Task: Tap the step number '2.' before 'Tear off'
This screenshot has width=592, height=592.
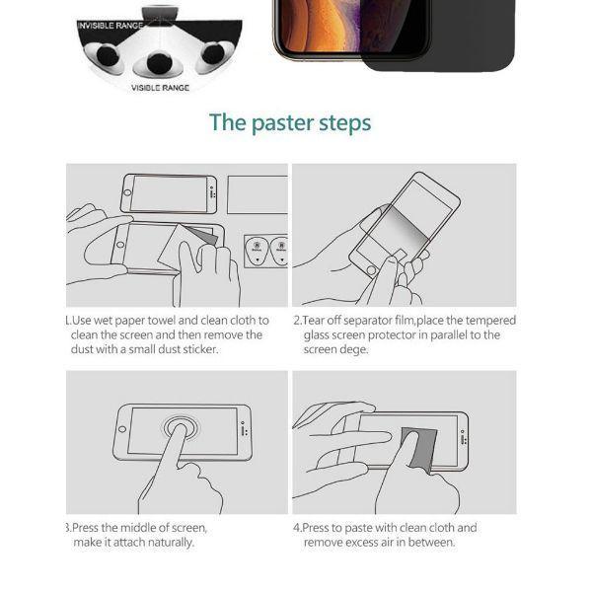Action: [x=298, y=321]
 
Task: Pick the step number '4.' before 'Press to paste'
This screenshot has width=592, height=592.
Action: [x=298, y=528]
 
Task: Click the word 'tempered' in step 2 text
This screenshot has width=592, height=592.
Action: [x=491, y=321]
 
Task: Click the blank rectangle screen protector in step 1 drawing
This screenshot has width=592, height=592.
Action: [x=257, y=194]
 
